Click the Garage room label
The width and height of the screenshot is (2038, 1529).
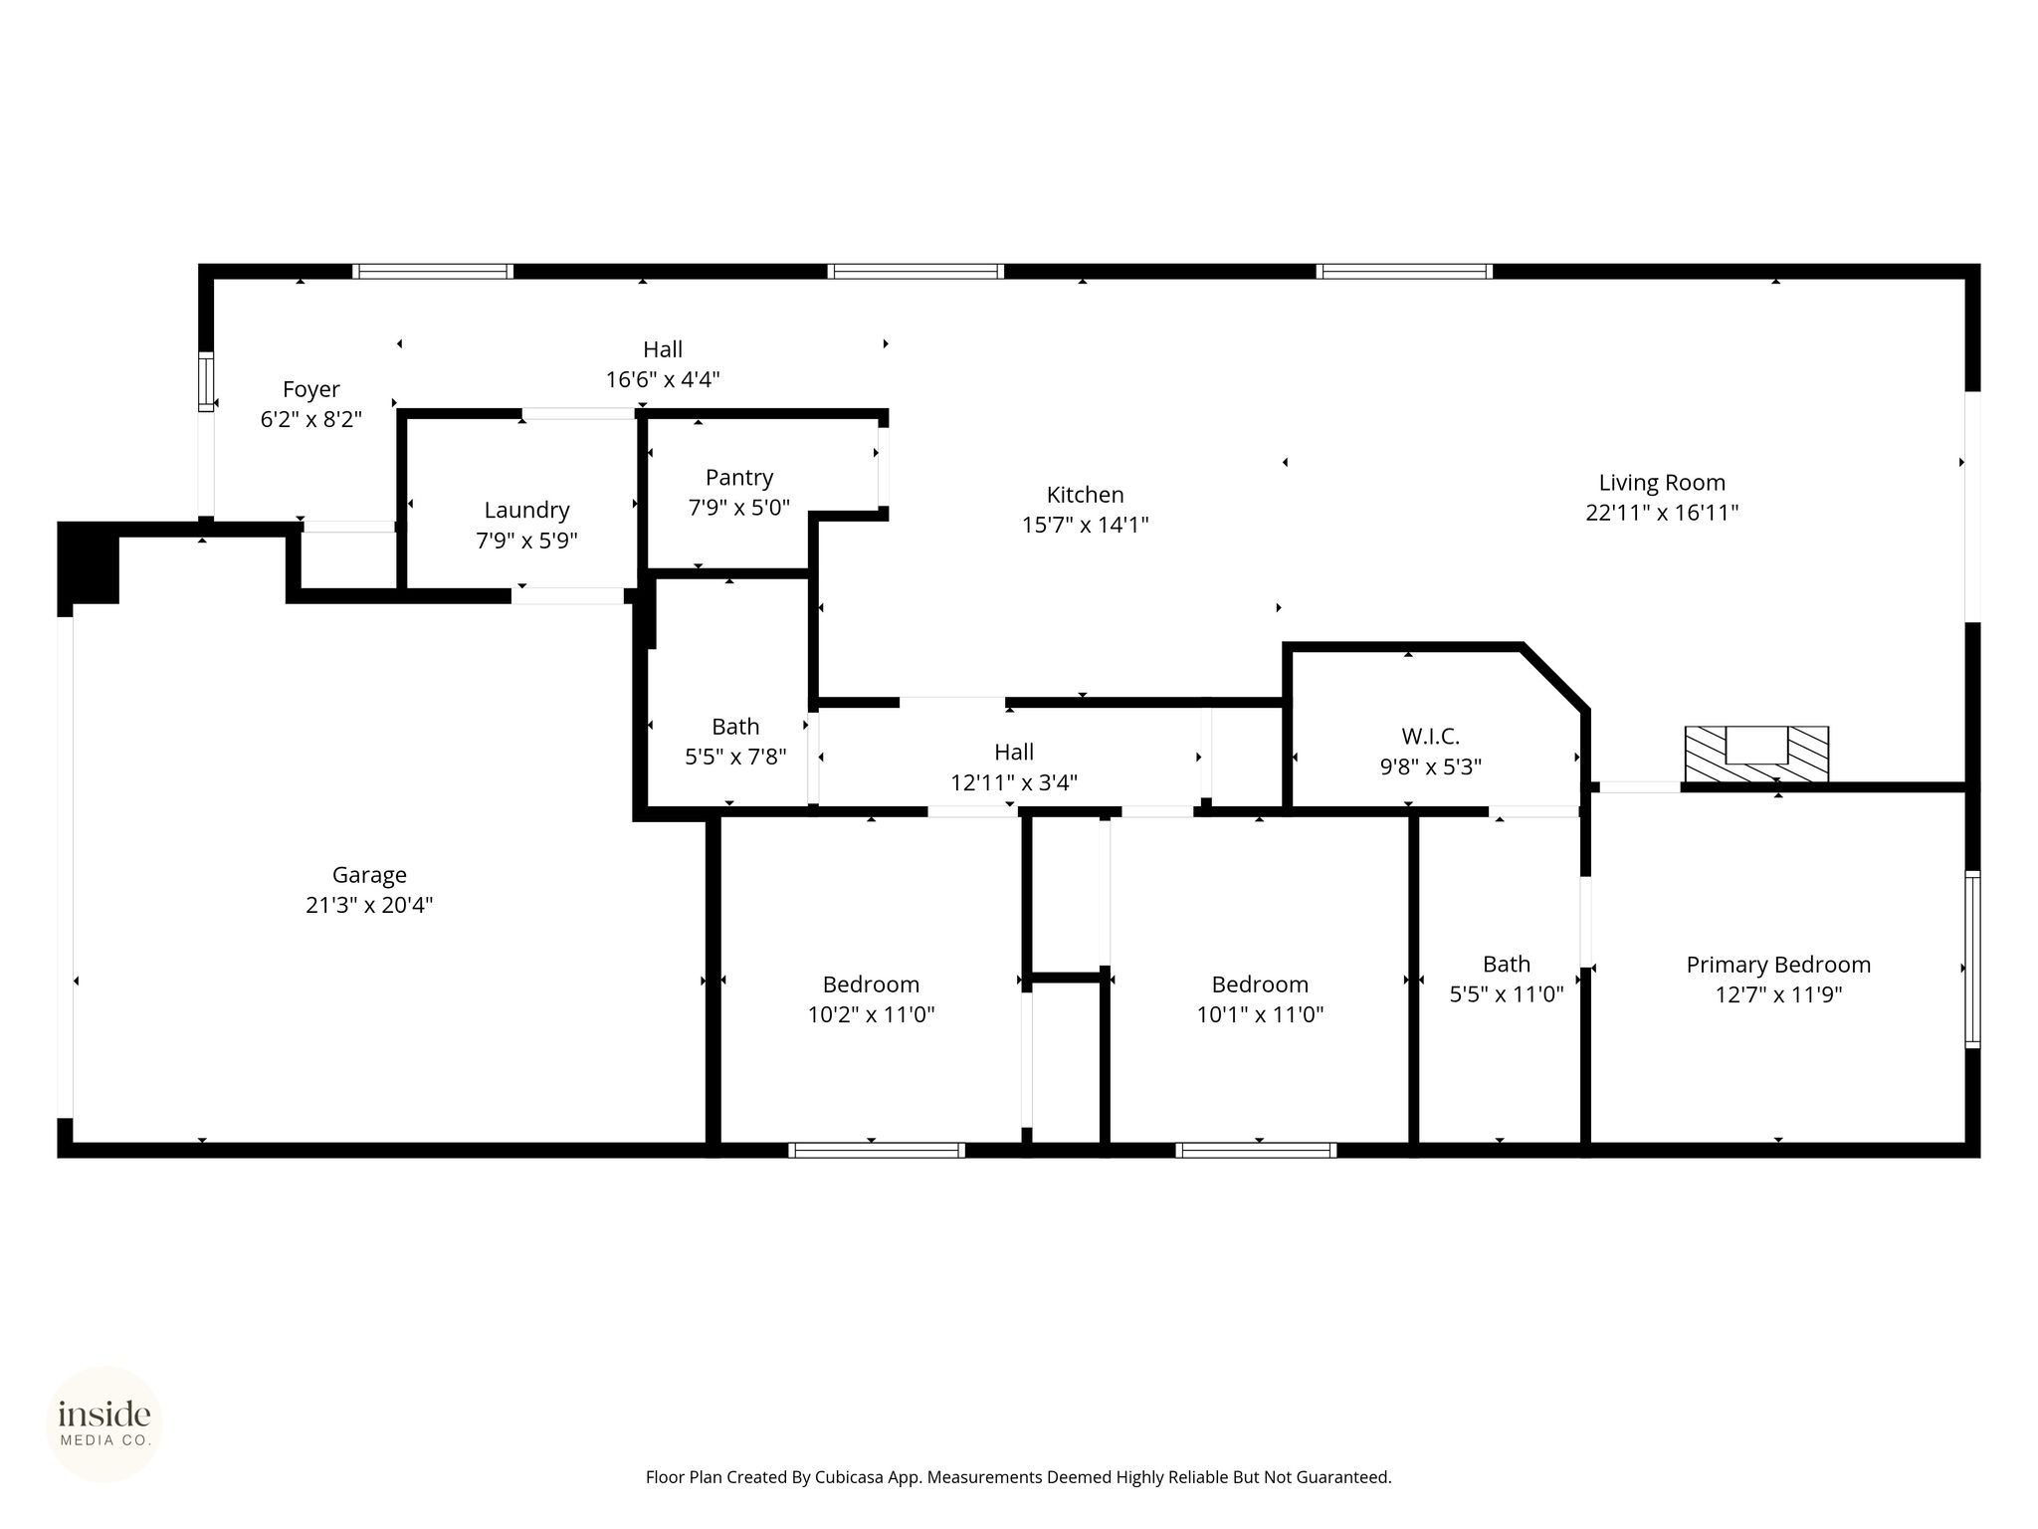[x=369, y=875]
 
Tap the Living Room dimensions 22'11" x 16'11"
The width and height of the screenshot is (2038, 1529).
[x=1662, y=513]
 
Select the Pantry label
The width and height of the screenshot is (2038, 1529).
[x=739, y=478]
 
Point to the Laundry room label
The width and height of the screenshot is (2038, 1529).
[x=526, y=511]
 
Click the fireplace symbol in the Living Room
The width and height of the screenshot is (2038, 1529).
[x=1756, y=754]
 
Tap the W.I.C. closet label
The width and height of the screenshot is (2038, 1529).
[x=1430, y=737]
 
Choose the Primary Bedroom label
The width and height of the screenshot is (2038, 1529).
[x=1778, y=965]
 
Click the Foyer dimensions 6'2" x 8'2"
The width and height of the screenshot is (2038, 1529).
[x=310, y=419]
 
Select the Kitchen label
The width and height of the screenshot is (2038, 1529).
[x=1085, y=495]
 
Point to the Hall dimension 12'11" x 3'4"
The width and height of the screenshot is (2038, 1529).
[x=1014, y=783]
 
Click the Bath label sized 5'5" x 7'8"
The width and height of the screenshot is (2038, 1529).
[x=735, y=727]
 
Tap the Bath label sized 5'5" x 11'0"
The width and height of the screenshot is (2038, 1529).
[x=1507, y=964]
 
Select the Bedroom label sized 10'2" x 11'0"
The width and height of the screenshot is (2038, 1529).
[x=871, y=984]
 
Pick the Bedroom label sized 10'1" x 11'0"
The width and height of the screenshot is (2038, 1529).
[x=1260, y=984]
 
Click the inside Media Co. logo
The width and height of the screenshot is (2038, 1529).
[x=104, y=1424]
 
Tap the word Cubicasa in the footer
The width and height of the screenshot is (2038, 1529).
[x=852, y=1478]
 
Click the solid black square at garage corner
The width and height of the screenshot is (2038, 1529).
[x=89, y=562]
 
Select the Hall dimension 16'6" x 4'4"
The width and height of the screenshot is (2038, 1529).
[x=663, y=379]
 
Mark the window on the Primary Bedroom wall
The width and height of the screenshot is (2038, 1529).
[x=1972, y=960]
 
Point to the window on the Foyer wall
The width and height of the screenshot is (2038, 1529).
[x=206, y=381]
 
